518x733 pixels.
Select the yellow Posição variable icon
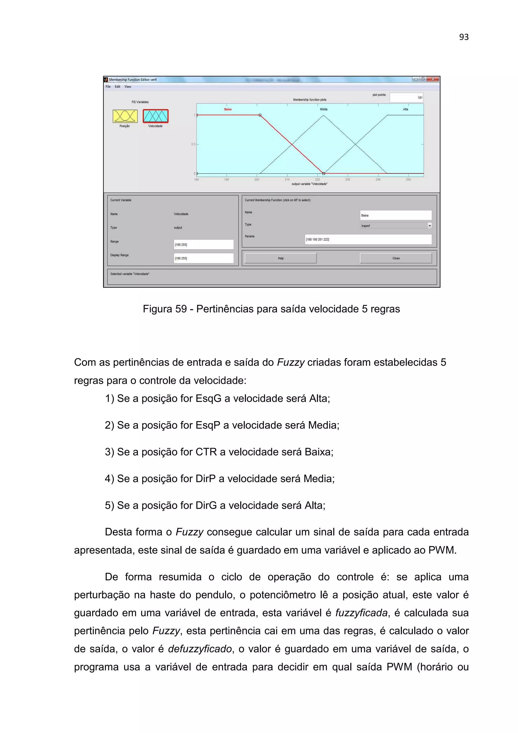click(x=125, y=116)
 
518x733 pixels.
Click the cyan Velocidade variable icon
click(x=156, y=116)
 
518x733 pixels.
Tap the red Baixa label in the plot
click(x=228, y=109)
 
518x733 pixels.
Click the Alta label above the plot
click(x=405, y=109)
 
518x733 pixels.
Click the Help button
click(x=280, y=258)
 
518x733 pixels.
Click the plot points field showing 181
click(x=406, y=98)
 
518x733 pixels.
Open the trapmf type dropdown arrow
click(x=429, y=226)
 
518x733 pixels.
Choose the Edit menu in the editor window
click(x=117, y=87)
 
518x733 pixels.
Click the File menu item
click(x=108, y=87)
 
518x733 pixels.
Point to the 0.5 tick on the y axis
click(x=193, y=144)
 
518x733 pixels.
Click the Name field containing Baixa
click(x=396, y=215)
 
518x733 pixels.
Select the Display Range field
click(x=203, y=258)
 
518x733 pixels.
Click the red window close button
click(x=433, y=79)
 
